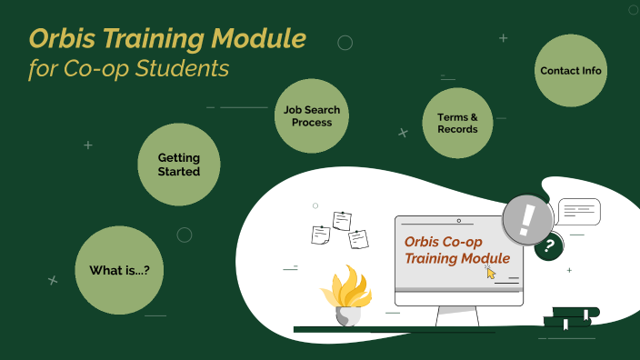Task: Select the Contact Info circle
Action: pos(571,71)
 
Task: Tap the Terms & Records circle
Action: pos(457,123)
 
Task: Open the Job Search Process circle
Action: pos(312,115)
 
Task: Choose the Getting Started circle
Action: pos(179,165)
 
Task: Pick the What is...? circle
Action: pos(119,270)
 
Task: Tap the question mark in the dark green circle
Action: pos(549,245)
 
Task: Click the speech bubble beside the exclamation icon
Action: pos(579,212)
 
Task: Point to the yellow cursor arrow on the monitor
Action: pos(491,272)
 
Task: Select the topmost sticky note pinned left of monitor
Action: pos(342,220)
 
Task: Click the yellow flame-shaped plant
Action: pos(346,285)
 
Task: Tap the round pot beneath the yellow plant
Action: pos(346,315)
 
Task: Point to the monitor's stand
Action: pos(457,316)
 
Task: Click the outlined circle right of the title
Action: pos(345,43)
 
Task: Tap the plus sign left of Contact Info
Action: pos(504,38)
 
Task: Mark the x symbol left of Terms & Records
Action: pos(403,133)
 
